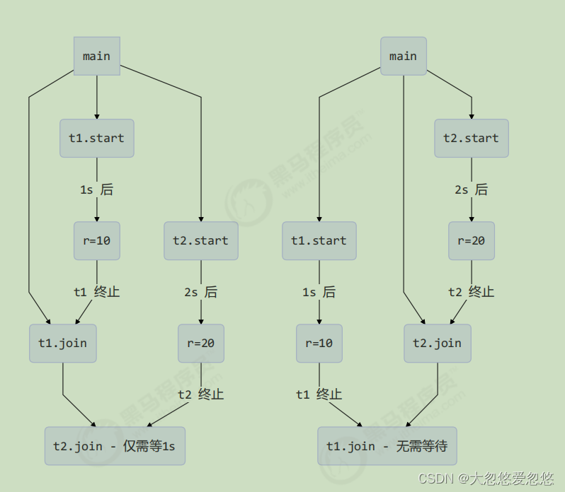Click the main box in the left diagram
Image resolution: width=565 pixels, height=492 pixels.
97,56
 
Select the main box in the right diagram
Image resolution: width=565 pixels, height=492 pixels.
404,56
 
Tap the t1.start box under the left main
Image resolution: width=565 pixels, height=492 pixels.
97,138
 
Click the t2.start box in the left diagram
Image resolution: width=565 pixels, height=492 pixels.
201,240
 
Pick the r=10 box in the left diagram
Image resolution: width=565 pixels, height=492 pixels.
97,240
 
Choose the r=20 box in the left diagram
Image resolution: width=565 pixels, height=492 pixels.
201,344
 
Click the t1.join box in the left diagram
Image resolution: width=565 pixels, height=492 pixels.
63,344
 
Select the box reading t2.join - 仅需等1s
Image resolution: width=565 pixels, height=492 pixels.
115,446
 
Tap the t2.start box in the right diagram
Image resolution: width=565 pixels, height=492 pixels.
472,138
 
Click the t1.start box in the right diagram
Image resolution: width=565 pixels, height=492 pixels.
319,240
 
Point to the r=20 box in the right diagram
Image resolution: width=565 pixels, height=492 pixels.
472,240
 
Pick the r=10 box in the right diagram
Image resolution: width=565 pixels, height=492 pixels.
319,344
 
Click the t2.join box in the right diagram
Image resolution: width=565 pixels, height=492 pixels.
438,344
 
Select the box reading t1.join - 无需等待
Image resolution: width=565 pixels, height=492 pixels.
387,446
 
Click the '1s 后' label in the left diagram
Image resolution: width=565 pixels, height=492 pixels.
97,189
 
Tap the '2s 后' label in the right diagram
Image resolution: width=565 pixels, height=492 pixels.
472,189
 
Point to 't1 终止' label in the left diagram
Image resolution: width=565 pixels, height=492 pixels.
97,291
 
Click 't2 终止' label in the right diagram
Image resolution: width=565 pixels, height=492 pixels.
472,291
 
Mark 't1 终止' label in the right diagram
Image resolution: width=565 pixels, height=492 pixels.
319,394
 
